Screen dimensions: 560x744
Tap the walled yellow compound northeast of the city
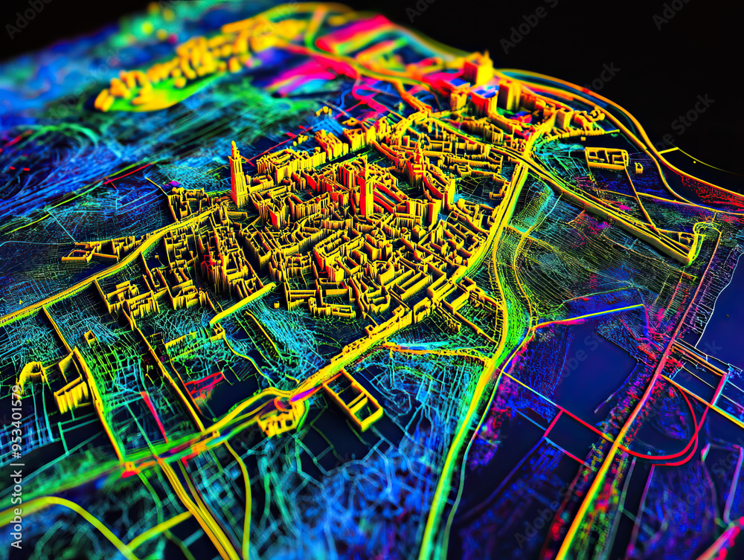point(606,158)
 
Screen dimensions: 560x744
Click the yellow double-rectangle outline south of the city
point(353,398)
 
